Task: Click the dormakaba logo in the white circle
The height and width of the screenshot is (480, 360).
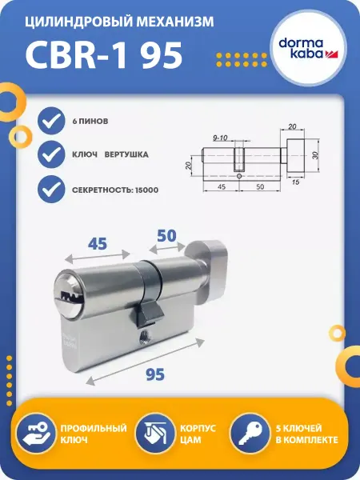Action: [308, 48]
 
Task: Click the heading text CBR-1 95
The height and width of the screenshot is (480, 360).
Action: [104, 54]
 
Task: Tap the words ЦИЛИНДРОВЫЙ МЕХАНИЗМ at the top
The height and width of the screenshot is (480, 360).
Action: [119, 22]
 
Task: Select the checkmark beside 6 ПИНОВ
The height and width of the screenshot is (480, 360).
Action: [51, 121]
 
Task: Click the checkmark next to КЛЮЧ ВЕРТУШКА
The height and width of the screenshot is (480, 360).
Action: [51, 154]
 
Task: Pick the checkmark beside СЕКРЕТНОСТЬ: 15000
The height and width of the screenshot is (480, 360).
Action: [51, 189]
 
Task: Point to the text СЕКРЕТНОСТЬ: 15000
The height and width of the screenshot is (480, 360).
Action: [115, 190]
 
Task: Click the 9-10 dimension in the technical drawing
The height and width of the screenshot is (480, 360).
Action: [220, 138]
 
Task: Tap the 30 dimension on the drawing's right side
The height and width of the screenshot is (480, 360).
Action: [316, 155]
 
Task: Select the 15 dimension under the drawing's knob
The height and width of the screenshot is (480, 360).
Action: [295, 182]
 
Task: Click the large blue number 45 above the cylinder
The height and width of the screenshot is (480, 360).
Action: [98, 244]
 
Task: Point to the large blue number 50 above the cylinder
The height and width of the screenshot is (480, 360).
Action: [167, 235]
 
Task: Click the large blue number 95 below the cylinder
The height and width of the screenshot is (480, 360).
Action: [155, 374]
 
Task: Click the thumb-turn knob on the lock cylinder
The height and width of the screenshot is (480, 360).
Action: [208, 266]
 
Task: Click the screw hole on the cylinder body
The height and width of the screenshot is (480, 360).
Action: [142, 336]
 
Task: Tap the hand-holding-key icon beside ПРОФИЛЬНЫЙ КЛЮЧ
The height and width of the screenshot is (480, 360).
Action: [36, 433]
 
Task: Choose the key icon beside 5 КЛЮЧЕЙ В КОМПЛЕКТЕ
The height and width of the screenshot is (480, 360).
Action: [250, 433]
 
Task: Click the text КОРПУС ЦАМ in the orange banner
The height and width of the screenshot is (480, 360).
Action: [198, 434]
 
